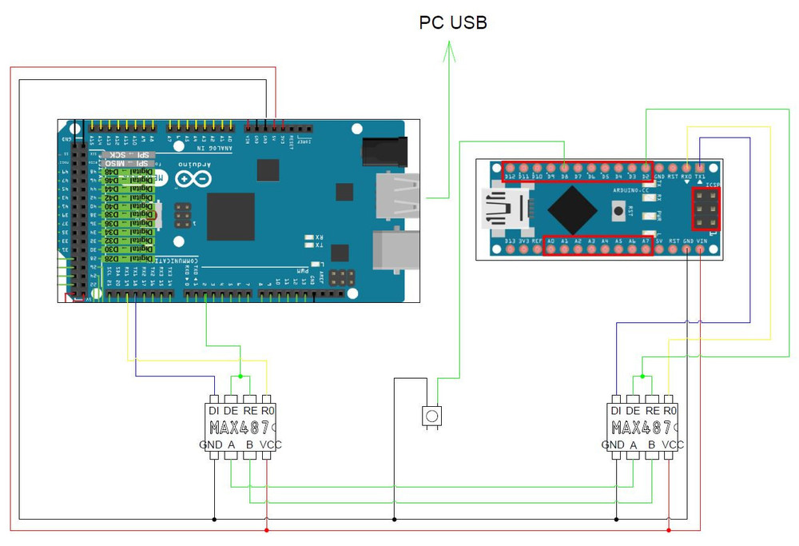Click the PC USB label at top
coord(453,22)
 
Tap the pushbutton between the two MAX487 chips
coord(431,416)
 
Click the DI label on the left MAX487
coord(215,410)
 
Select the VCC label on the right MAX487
coord(674,444)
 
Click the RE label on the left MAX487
coord(250,410)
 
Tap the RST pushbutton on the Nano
coord(618,210)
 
